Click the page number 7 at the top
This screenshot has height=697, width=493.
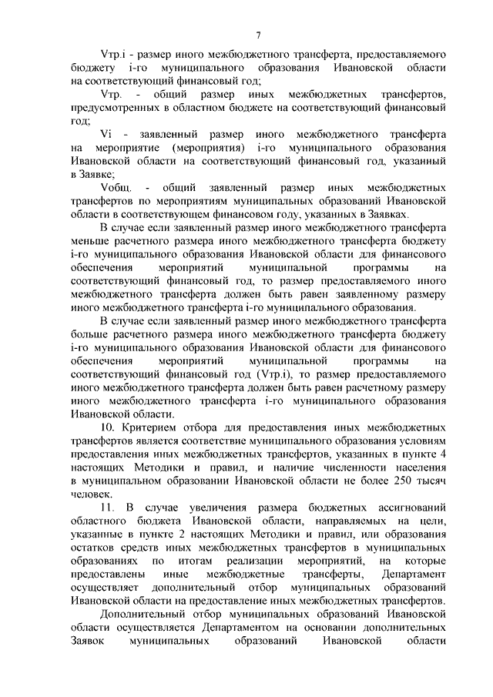[258, 34]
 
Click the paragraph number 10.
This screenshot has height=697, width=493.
[107, 426]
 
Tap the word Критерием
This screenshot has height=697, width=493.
[154, 426]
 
